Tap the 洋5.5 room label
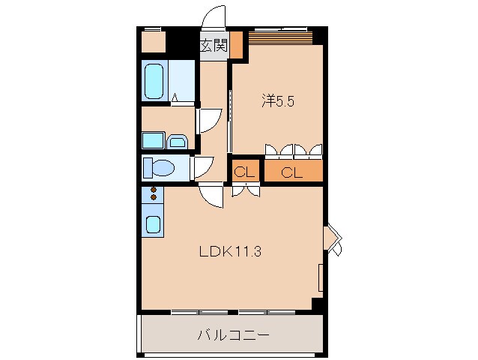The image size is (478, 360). (x=277, y=100)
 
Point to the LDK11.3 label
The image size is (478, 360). (x=229, y=252)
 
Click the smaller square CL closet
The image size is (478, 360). (x=244, y=172)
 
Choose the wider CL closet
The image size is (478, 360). (x=292, y=172)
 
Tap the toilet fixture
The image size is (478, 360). (x=160, y=167)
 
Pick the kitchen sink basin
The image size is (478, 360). (x=152, y=223)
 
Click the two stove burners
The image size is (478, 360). (x=153, y=193)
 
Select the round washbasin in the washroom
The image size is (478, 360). (x=178, y=140)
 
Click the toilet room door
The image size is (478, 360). (x=202, y=166)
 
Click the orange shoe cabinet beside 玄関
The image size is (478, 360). (x=237, y=45)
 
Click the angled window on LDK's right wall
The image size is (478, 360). (x=333, y=238)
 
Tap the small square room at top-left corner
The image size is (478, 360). (x=154, y=42)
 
